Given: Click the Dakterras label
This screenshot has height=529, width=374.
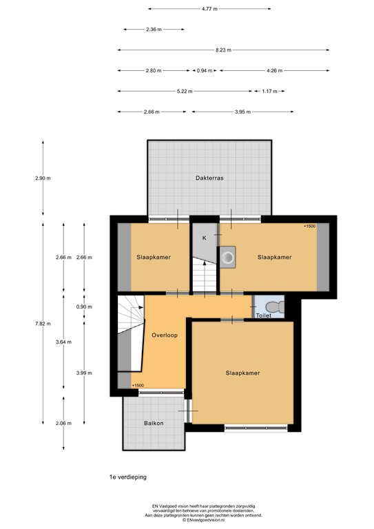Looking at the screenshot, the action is pos(209,178).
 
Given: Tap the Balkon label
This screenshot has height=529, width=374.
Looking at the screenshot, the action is pos(154,423).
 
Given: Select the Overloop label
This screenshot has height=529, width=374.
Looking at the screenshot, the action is pos(165,335).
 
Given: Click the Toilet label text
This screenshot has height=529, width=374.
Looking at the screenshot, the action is pos(264,315).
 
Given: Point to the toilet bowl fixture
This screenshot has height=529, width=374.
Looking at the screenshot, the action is pos(275,307).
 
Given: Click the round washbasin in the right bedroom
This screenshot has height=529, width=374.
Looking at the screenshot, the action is pos(229,258).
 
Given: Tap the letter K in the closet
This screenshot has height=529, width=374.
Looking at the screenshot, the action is pos(204,238).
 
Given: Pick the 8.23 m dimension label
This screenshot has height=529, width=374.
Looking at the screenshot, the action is pos(224,50).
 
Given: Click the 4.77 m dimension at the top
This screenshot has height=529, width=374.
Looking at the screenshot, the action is pos(209,9).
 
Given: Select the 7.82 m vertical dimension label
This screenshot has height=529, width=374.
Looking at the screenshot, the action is pos(43,324).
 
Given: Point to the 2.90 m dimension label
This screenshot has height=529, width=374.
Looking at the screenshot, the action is pos(43,178).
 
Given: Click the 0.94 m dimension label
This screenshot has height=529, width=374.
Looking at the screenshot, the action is pos(205,70).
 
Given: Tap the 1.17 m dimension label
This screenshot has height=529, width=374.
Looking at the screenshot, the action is pos(269,91).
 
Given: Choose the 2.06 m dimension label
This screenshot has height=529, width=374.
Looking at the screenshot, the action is pos(64,423).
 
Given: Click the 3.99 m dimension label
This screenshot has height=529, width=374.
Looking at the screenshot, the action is pos(84,373).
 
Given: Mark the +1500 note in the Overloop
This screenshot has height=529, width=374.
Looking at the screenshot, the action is pos(138,385).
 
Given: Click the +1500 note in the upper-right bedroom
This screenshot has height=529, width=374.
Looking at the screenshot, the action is pos(309,226).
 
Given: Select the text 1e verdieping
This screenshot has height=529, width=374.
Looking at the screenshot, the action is pos(128,477).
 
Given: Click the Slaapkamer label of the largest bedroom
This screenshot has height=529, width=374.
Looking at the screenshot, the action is pos(243,373).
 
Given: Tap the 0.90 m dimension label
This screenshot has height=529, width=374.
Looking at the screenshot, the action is pos(84,307).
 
